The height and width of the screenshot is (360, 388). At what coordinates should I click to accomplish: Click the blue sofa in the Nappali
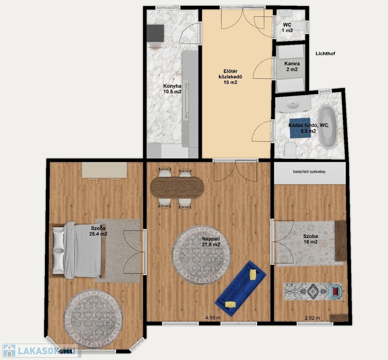pos(241,288)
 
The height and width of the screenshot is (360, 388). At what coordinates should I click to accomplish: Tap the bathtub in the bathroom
pos(328,127)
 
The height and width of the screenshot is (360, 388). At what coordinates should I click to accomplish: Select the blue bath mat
pos(300,128)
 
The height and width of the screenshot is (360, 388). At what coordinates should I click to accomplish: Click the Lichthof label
pos(325,53)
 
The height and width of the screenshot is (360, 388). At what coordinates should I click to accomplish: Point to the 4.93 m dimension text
pos(213,318)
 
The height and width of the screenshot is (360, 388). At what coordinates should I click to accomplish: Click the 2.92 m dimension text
pos(313,318)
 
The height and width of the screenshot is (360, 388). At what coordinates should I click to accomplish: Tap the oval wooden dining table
pos(178,187)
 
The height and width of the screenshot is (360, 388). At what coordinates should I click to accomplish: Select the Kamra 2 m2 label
pos(292,67)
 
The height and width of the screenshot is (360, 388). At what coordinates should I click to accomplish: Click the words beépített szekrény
pos(309,172)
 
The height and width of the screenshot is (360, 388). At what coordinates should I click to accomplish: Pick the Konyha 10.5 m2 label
pos(172,89)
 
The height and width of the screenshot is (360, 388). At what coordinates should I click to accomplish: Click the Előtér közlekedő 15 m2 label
pos(231,77)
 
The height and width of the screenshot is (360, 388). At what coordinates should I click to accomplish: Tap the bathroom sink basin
pos(294,104)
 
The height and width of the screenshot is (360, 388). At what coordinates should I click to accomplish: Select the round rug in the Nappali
pos(201,255)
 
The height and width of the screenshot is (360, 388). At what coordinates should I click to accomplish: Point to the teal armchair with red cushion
pos(336,291)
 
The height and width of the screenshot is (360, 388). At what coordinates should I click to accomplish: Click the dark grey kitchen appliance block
pos(155,33)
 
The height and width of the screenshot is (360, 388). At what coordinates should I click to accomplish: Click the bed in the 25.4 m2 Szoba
pos(77,249)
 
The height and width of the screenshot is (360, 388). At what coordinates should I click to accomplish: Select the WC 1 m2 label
pos(287,28)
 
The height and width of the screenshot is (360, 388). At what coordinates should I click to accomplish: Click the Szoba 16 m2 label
pos(311,239)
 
